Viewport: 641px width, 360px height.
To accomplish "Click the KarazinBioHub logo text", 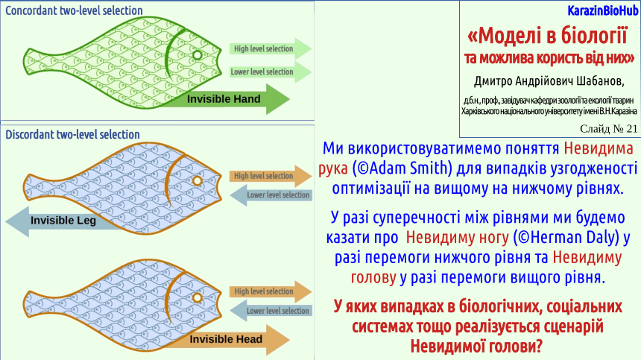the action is [602, 10].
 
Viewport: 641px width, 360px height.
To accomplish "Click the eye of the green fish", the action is [197, 55].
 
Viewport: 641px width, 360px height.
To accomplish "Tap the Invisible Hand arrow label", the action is [224, 99].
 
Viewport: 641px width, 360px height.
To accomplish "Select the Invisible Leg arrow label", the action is [63, 221].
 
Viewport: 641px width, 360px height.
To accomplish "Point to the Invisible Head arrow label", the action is [226, 339].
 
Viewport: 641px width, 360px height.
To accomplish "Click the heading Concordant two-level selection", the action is [74, 10].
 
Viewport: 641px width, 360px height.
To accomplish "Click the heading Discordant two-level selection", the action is [72, 134].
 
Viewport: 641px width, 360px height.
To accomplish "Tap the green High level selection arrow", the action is [271, 49].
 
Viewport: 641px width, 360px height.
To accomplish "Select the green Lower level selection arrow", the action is [271, 72].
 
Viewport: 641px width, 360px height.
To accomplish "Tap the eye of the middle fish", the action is [197, 180].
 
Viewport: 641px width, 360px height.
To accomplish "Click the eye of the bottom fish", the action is [197, 297].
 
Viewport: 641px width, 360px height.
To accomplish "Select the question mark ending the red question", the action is [538, 347].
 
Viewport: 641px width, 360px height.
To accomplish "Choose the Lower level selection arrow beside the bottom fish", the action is [271, 311].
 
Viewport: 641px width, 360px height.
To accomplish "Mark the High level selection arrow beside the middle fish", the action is [271, 176].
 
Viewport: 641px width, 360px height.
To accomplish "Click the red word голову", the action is [373, 278].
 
